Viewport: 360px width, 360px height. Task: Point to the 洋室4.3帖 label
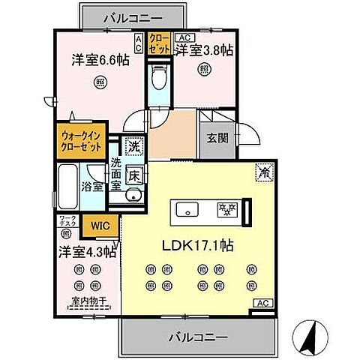[x=82, y=253]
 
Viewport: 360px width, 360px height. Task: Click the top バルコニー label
[x=132, y=16]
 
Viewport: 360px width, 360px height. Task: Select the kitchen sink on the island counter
[x=187, y=209]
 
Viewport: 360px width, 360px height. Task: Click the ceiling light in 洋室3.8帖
[x=204, y=69]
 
